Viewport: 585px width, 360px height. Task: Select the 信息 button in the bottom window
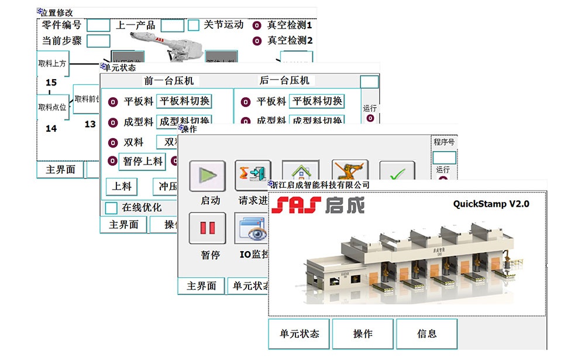tap(426, 334)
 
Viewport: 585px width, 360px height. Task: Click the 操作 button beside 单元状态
tap(362, 334)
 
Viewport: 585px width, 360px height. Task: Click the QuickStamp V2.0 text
tap(491, 204)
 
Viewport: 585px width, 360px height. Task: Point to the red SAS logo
tap(296, 205)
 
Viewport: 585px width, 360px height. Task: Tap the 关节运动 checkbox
tap(194, 26)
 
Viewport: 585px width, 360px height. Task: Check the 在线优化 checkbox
tap(111, 208)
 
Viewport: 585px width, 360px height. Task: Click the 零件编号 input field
tap(98, 25)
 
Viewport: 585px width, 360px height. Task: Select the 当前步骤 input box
tap(98, 42)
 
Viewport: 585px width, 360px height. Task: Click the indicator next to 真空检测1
tap(257, 26)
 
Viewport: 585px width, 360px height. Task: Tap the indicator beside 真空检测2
tap(257, 41)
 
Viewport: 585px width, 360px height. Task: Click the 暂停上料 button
tap(143, 162)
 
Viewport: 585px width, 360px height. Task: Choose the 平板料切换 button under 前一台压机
tap(184, 101)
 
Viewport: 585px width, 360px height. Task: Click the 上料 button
tap(122, 187)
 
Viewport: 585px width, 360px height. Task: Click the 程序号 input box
tap(443, 157)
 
